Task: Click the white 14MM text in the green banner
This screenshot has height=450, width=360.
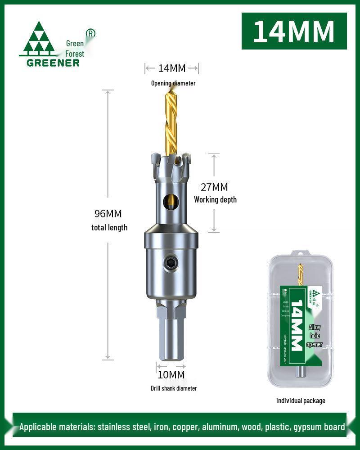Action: pos(294,31)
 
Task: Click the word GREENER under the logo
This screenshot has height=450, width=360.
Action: pos(53,63)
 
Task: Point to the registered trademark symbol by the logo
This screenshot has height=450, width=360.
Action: pos(90,33)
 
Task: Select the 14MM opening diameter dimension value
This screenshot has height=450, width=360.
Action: pos(171,68)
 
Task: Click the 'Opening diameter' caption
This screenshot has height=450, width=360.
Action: pos(173,83)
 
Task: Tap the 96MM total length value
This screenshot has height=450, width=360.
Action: pos(108,214)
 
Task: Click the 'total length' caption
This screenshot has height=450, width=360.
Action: pos(109,228)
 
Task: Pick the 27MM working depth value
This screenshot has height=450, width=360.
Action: pos(214,187)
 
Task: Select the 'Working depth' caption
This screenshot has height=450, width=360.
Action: pos(215,200)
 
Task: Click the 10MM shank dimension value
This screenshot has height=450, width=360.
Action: pos(171,374)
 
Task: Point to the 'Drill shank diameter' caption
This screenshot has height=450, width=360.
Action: pos(174,388)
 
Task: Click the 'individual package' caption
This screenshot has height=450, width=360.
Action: pos(301,400)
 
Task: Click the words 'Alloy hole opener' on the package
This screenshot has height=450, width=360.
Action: pos(315,336)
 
